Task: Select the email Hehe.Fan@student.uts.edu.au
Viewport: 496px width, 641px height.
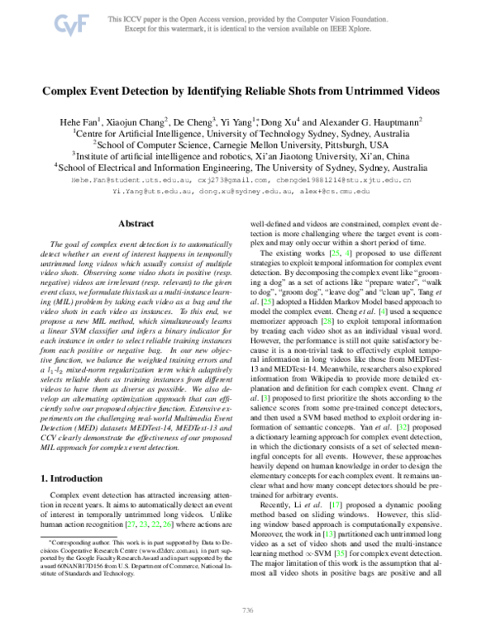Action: [131, 178]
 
